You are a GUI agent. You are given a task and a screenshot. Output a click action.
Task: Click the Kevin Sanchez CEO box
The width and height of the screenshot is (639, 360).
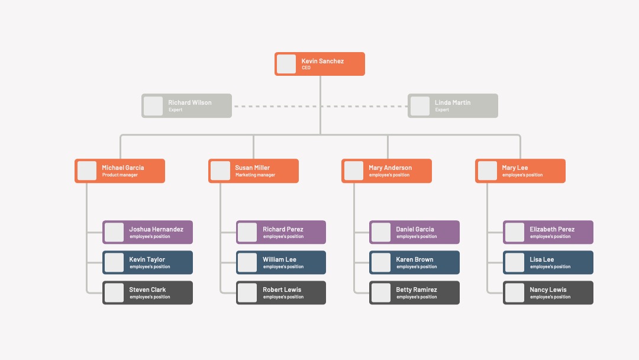click(x=319, y=64)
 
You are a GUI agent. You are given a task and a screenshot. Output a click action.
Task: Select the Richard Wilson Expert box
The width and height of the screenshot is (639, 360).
click(x=186, y=106)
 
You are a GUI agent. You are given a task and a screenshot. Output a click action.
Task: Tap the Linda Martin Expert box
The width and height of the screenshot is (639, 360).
click(x=453, y=106)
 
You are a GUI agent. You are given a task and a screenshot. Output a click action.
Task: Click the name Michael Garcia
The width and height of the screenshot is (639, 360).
click(x=122, y=168)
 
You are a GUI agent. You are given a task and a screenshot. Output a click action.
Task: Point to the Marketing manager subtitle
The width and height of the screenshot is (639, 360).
click(x=255, y=175)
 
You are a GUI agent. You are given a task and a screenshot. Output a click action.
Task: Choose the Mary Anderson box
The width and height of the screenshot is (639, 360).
click(x=387, y=171)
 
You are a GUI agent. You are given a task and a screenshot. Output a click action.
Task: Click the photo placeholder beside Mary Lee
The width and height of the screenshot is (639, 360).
click(x=488, y=171)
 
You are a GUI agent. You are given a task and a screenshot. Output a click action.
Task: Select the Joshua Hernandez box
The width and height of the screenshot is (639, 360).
click(x=147, y=232)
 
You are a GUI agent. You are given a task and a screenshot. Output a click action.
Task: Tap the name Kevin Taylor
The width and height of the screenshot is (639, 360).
click(x=147, y=259)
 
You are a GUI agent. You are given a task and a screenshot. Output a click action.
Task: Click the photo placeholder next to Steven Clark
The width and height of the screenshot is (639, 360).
click(x=114, y=292)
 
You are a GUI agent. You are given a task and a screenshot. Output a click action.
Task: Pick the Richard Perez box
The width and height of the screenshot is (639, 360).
click(x=281, y=232)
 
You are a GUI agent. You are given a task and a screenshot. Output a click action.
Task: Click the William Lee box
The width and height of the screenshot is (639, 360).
click(x=281, y=262)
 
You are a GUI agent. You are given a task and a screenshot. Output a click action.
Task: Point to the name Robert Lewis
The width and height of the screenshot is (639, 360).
click(x=282, y=290)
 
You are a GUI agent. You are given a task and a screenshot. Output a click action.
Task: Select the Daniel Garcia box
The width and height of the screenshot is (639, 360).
click(x=414, y=232)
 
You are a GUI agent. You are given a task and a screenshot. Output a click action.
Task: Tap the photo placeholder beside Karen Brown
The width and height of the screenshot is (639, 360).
click(x=381, y=262)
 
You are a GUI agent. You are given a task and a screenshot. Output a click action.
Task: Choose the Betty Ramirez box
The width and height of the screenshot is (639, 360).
click(x=414, y=292)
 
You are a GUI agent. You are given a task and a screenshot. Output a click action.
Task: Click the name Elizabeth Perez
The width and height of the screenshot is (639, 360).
click(x=552, y=229)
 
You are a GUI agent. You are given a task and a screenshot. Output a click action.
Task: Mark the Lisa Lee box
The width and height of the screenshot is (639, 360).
click(x=548, y=262)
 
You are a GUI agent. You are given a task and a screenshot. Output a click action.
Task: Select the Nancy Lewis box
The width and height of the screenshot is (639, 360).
click(x=548, y=292)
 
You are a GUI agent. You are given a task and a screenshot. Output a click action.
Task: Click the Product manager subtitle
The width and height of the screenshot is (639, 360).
click(x=120, y=175)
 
